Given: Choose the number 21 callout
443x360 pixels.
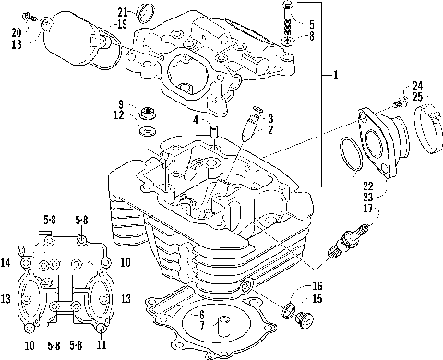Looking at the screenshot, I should tap(122, 11).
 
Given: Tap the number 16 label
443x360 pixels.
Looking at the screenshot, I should tap(317, 285).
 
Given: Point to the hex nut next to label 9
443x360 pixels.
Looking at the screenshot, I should tap(147, 114).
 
